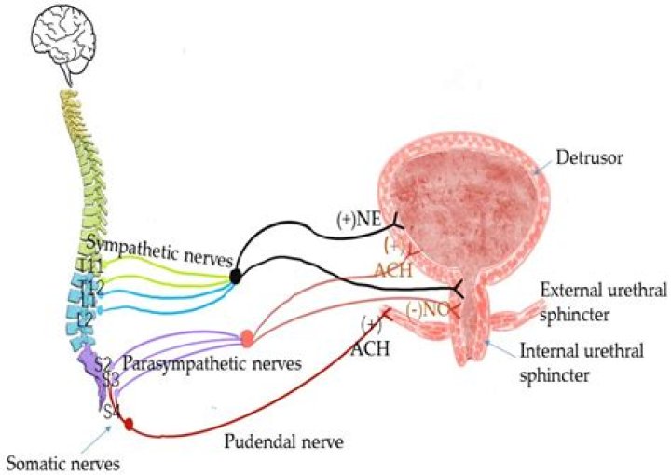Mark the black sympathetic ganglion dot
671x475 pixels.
coord(236,276)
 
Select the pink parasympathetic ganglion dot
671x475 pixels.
coord(247,337)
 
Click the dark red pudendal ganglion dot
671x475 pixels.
coord(129,425)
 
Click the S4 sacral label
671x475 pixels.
coord(111,410)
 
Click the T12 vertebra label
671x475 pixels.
coord(91,286)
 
